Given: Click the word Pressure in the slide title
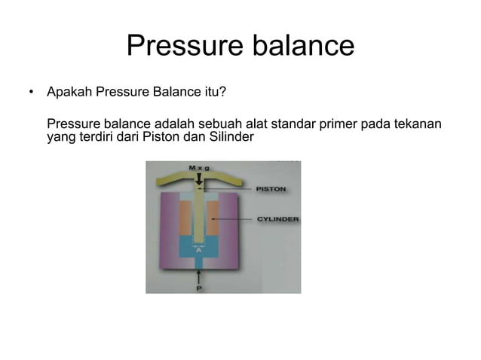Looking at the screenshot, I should (181, 46).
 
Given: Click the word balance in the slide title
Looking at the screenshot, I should (297, 46).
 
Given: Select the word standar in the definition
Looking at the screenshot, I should (286, 124).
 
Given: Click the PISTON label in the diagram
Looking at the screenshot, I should (270, 189).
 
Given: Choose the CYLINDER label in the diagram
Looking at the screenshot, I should (277, 219).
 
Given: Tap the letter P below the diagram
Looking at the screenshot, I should (199, 287).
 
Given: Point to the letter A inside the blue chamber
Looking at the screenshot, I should (199, 250).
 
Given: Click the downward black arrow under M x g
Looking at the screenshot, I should (199, 179).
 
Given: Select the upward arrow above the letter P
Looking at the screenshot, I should (199, 276).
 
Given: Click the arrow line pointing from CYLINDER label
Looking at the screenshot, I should (234, 219).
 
